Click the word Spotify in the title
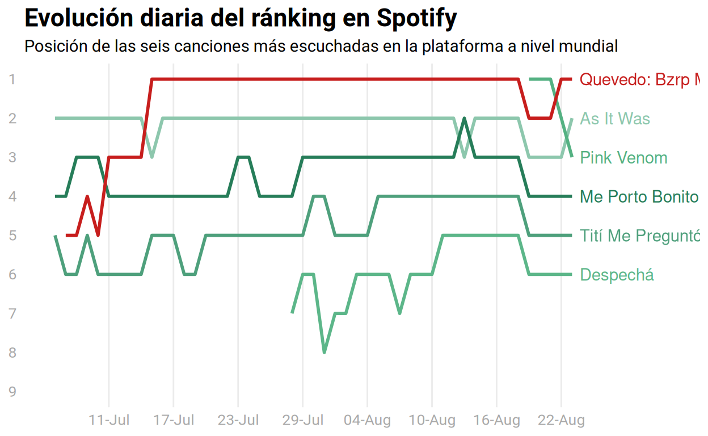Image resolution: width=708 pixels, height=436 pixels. (x=416, y=18)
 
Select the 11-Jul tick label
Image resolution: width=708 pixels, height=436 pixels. (x=109, y=421)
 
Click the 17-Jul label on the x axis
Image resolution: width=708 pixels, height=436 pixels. (x=174, y=421)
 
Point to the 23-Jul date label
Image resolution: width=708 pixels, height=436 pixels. (x=238, y=421)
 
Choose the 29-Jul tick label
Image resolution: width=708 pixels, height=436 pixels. (x=303, y=421)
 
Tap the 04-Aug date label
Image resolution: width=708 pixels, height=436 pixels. (x=367, y=421)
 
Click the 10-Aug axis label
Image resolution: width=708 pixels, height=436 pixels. (x=432, y=421)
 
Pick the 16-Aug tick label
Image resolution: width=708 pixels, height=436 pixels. (x=496, y=421)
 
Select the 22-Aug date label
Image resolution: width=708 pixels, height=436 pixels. (x=561, y=421)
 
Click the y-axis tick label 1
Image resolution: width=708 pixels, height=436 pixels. (x=12, y=79)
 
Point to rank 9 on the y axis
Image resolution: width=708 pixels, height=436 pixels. (x=12, y=392)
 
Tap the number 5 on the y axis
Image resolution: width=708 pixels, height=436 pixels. (x=12, y=236)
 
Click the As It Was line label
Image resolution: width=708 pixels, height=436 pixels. (x=614, y=119)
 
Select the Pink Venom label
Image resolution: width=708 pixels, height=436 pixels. (x=623, y=158)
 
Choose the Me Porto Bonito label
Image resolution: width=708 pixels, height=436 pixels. (x=638, y=197)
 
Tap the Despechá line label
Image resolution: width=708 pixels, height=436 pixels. (x=617, y=275)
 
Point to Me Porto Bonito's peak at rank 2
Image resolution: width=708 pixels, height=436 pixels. (x=464, y=118)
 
